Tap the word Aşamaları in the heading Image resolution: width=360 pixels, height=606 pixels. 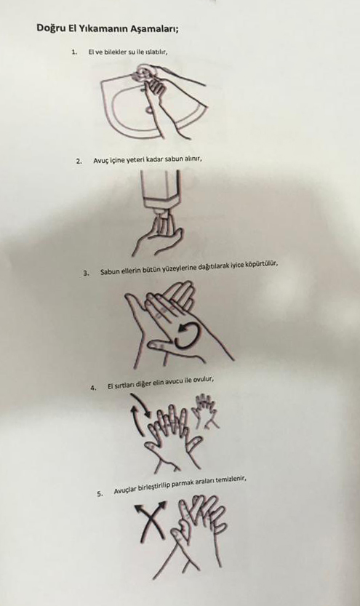(x=157, y=29)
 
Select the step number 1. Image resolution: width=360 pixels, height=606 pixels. (x=75, y=51)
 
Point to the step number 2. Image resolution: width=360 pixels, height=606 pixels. (x=79, y=162)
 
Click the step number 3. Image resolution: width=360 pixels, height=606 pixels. (x=86, y=273)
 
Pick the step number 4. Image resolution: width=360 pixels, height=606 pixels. (x=93, y=388)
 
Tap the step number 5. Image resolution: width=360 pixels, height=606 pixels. (x=100, y=493)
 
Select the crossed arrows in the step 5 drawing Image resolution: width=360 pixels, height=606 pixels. (x=151, y=520)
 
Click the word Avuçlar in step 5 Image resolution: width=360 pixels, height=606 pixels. (x=126, y=490)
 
